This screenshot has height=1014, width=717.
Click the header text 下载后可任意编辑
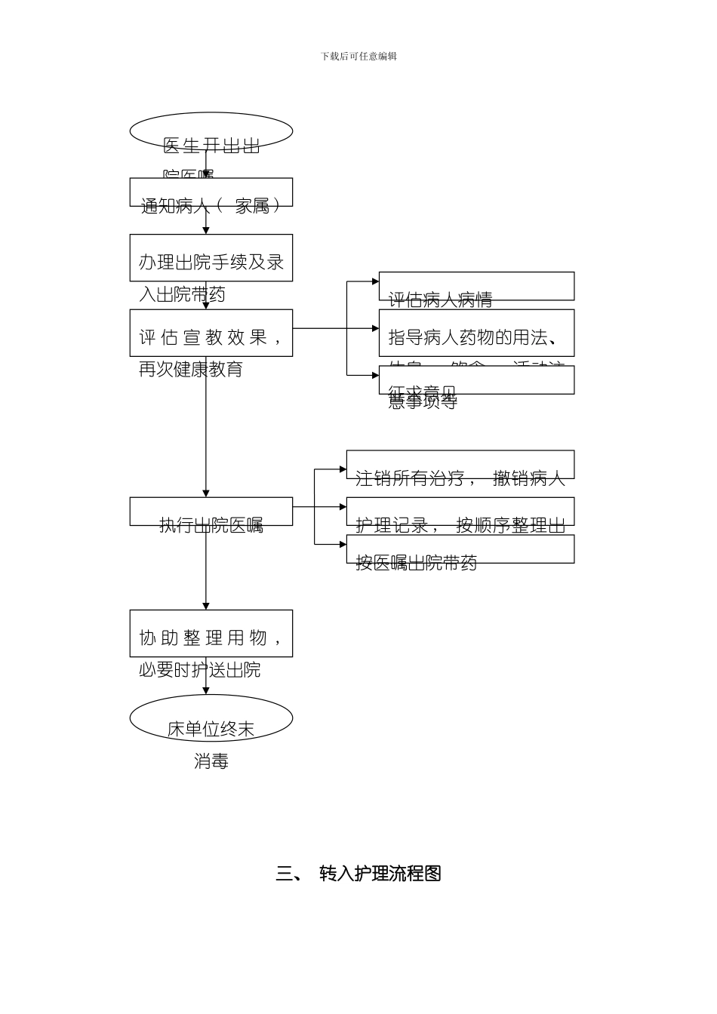pos(358,56)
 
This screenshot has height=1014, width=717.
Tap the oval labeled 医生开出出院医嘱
pos(211,132)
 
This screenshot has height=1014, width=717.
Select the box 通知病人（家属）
pos(211,193)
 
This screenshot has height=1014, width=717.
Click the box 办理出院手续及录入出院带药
pos(211,258)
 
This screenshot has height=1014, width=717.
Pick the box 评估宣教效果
pos(211,333)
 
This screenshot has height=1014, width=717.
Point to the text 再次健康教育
pos(191,370)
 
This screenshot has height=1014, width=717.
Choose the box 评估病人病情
pos(476,287)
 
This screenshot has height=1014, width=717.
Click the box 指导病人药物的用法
pos(476,333)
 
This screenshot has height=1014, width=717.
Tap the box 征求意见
pos(476,380)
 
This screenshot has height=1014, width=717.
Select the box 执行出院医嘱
pos(211,512)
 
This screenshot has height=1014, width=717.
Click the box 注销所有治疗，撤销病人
pos(460,465)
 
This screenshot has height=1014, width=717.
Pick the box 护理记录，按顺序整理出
pos(460,512)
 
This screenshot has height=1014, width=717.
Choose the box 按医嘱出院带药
pos(460,549)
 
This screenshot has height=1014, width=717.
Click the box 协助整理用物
pos(211,634)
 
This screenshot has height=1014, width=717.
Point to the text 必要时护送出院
pos(199,670)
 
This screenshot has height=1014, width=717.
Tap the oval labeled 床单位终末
pos(211,718)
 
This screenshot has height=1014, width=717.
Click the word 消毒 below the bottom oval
pos(211,761)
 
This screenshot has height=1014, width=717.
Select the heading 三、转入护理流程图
pos(358,874)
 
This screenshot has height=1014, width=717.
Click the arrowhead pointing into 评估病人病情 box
pos(375,281)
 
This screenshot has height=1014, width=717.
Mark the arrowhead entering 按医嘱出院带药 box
pos(343,544)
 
